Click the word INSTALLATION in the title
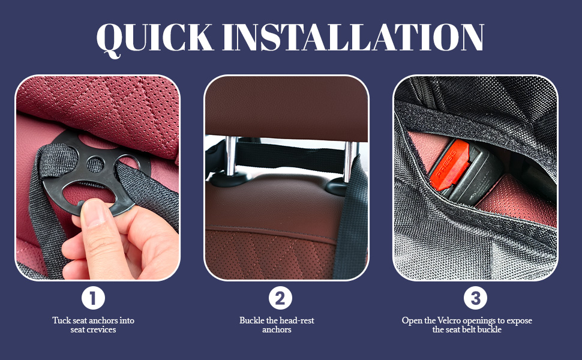[x=353, y=37]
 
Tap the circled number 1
[x=93, y=298]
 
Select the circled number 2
[x=280, y=298]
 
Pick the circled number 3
[x=475, y=298]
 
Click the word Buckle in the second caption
[x=251, y=320]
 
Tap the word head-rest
[x=296, y=320]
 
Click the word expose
[x=519, y=321]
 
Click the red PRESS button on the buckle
[x=449, y=165]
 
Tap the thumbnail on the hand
[x=94, y=213]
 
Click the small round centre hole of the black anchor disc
[x=95, y=164]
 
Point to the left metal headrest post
[x=230, y=156]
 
